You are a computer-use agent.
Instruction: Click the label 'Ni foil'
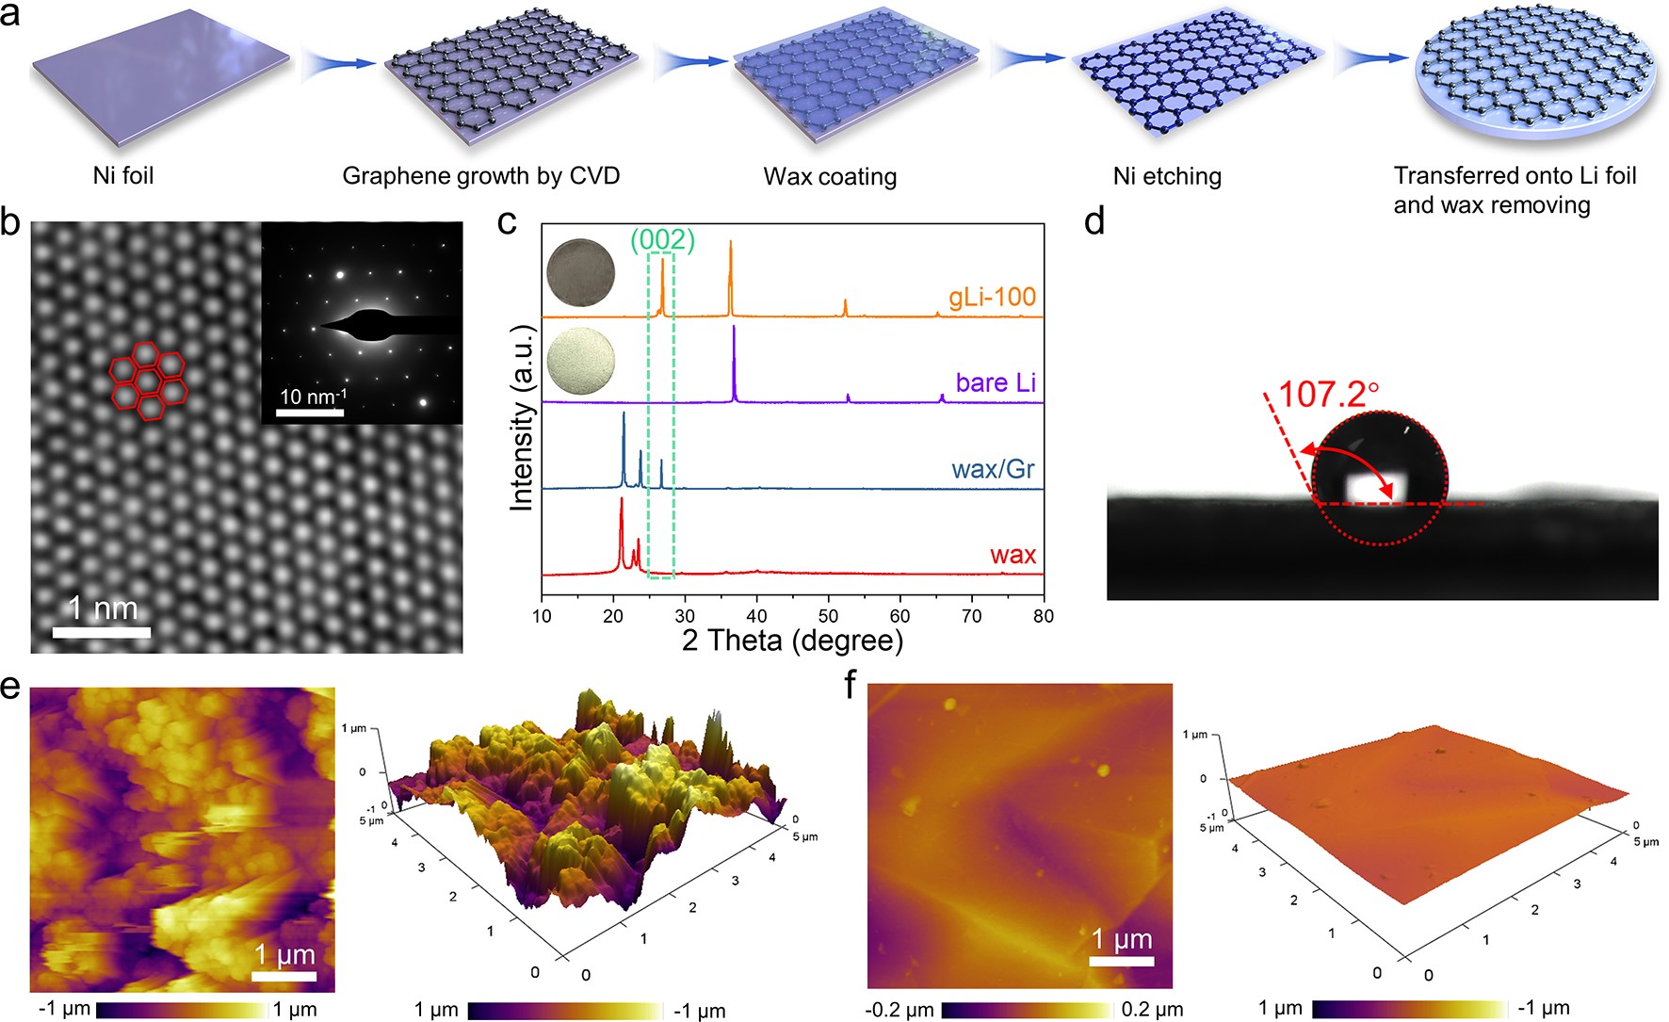[x=122, y=175]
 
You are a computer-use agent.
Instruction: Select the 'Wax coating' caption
[x=829, y=176]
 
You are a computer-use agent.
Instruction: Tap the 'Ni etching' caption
[x=1166, y=176]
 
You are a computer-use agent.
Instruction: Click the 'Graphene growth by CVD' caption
[x=480, y=176]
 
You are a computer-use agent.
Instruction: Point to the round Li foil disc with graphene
[x=1535, y=79]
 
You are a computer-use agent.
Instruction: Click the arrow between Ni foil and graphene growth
[x=339, y=63]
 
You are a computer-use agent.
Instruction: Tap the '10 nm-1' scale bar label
[x=312, y=397]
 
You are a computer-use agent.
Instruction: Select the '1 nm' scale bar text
[x=103, y=608]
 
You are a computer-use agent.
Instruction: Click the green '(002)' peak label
[x=662, y=240]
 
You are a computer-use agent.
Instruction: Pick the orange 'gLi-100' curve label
[x=992, y=298]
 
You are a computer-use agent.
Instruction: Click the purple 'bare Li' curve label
[x=995, y=382]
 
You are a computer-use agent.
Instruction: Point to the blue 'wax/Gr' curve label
[x=993, y=469]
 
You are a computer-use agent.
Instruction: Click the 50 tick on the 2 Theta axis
[x=828, y=616]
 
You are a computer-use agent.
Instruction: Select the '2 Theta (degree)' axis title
[x=792, y=641]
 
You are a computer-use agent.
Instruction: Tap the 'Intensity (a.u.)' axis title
[x=521, y=417]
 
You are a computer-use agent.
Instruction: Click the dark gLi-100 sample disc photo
[x=581, y=272]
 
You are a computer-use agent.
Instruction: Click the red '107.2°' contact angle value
[x=1328, y=394]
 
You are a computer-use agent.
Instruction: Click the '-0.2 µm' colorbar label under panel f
[x=899, y=1010]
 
